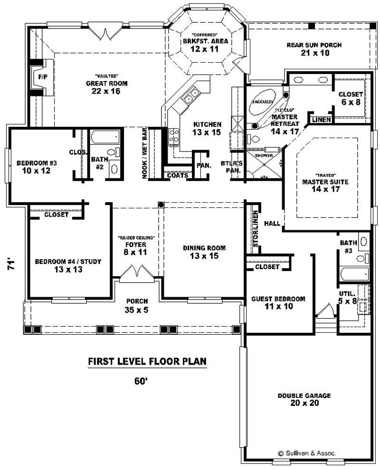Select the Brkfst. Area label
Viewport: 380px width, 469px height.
[x=206, y=41]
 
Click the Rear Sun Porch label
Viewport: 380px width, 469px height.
[x=314, y=46]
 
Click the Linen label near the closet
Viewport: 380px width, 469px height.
[x=322, y=120]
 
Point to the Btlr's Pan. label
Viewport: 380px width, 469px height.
[x=232, y=167]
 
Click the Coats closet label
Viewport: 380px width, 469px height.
[x=177, y=175]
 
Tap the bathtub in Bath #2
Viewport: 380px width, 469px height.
[x=105, y=138]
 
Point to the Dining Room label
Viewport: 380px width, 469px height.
[x=204, y=248]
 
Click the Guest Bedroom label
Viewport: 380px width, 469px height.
[x=278, y=299]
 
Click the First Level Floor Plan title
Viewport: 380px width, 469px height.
[x=147, y=362]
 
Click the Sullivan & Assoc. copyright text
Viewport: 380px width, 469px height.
[x=307, y=453]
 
